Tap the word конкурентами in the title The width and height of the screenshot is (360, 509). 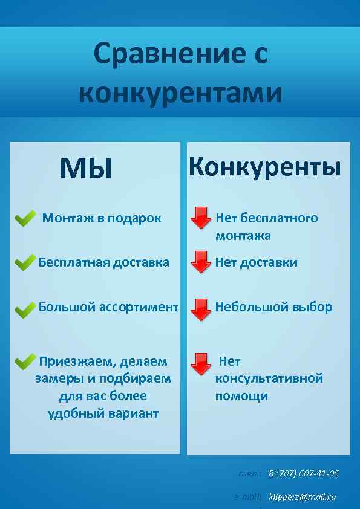coord(180,93)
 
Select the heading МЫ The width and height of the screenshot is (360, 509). coord(86,169)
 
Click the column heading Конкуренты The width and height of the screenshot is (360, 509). coord(264,166)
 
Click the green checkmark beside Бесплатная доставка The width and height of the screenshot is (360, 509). coord(24,263)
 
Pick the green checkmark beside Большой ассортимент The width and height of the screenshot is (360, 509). coord(24,310)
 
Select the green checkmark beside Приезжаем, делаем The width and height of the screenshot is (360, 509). coord(24,361)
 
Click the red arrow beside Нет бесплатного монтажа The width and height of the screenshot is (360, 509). coord(200,218)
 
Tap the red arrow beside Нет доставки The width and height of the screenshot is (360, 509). coord(200,262)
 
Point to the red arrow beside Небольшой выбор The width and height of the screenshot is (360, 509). coord(200,308)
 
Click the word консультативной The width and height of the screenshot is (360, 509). coord(269,379)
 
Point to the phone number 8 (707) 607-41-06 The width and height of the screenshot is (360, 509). coord(303,473)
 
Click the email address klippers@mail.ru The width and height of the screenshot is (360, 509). coord(302,497)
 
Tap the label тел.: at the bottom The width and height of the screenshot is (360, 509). coord(250,473)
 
